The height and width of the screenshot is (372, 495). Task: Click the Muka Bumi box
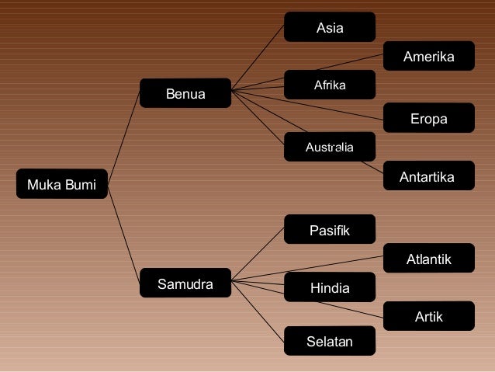pos(62,185)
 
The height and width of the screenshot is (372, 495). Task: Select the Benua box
pos(185,95)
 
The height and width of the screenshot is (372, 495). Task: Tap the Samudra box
pos(185,284)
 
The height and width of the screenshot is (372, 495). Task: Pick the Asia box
pos(330,29)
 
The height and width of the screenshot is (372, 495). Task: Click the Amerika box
pos(428,57)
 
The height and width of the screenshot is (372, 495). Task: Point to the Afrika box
pos(330,85)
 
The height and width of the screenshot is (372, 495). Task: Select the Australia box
pos(330,147)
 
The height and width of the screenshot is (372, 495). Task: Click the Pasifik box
pos(330,231)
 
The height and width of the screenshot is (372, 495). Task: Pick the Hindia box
pos(330,288)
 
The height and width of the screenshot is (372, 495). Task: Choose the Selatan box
pos(330,341)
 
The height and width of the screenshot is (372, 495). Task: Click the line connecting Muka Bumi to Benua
pos(123,137)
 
